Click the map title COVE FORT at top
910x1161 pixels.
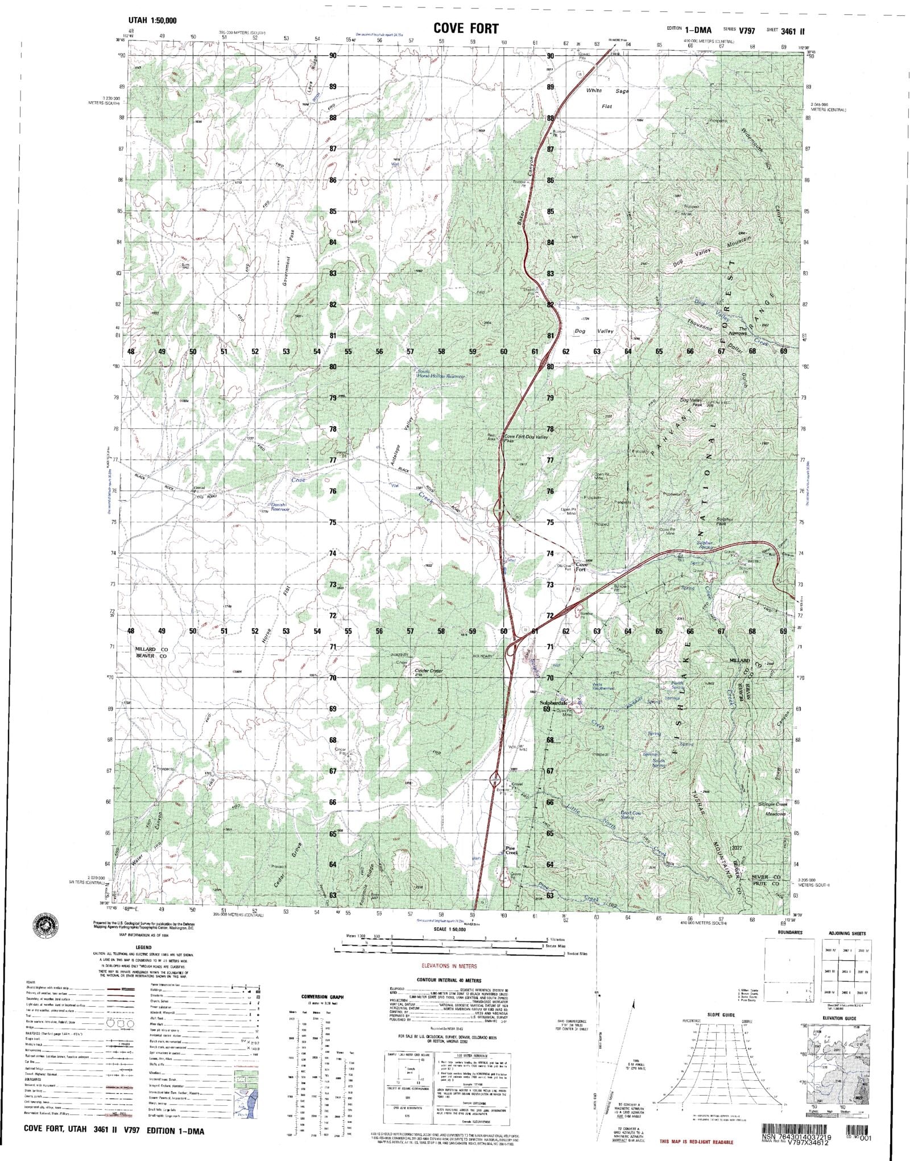466,28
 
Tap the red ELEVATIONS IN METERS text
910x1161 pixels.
449,966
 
